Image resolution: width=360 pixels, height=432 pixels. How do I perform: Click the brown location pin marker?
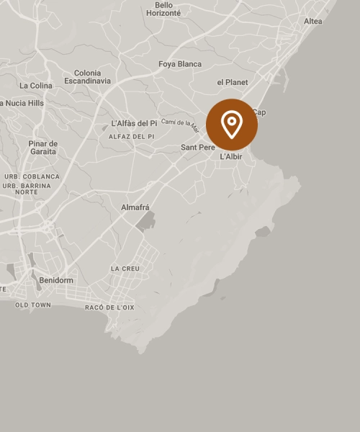232,125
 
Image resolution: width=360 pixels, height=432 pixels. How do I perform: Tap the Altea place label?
312,22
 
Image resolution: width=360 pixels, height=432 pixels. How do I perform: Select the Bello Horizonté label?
163,9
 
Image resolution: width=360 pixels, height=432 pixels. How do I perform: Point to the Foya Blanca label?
180,64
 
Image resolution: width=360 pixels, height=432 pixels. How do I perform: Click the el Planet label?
232,82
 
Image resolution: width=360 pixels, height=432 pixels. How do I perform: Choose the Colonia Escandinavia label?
87,77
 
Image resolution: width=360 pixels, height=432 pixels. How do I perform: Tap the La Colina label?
36,86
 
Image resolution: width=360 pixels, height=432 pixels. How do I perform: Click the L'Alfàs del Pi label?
134,123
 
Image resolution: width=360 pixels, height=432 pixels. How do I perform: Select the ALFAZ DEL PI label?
131,136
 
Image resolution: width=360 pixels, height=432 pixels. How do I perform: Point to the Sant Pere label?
198,148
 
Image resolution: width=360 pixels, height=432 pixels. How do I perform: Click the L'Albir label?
230,156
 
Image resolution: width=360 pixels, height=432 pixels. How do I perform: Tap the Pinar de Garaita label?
43,148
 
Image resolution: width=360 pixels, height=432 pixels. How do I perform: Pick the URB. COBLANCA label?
32,176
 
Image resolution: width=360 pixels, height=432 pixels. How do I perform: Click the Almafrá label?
135,207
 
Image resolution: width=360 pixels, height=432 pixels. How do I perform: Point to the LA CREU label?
125,269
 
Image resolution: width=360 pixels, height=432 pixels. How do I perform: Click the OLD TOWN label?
33,305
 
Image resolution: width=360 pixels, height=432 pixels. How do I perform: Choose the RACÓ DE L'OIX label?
109,307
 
